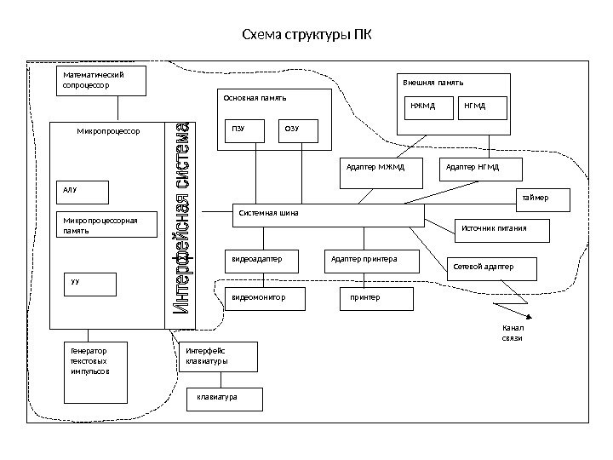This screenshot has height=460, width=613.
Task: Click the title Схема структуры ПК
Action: click(306, 36)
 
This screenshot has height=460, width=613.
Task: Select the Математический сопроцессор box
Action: click(101, 81)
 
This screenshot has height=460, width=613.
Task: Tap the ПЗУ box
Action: click(244, 131)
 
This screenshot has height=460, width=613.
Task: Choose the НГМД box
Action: click(483, 107)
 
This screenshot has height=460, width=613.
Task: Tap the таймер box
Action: click(541, 200)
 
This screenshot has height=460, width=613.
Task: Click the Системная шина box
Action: click(328, 215)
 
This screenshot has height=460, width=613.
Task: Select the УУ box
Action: click(90, 284)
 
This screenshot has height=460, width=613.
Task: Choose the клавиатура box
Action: click(224, 399)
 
